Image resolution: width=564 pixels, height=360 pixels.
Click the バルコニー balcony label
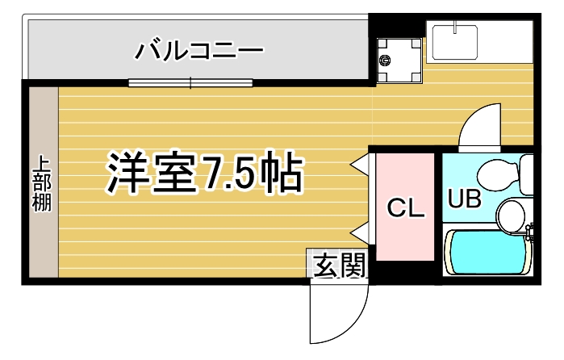coord(199,51)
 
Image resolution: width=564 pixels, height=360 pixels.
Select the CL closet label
coord(405,207)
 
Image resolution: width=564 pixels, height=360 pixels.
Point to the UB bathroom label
coord(464,199)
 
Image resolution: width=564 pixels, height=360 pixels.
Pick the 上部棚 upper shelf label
coord(43,183)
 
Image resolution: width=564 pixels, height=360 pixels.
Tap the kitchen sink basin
coord(455,43)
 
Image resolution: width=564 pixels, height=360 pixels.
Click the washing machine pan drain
coord(385,61)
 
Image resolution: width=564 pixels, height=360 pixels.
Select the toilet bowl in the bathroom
coord(499,174)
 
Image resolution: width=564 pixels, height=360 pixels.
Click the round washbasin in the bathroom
coord(511,216)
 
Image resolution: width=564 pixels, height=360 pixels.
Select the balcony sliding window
coord(190,83)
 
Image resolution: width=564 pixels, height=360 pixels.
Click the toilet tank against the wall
coord(527,174)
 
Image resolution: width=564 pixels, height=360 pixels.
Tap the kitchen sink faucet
coord(455,27)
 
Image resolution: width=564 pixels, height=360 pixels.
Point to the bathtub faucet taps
coord(529,233)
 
